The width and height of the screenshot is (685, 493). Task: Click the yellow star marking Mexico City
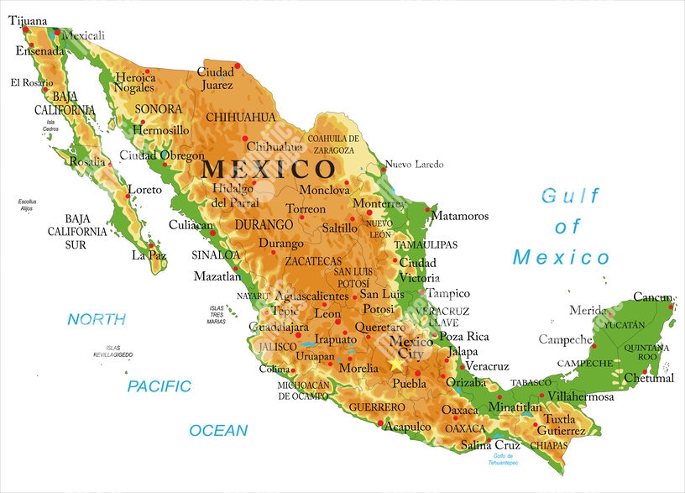point(396,365)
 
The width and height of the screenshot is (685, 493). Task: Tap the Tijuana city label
point(28,21)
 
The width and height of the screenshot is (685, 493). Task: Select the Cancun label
point(652,297)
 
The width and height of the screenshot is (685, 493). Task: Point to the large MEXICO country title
point(268,169)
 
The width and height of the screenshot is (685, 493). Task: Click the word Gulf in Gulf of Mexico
point(571,197)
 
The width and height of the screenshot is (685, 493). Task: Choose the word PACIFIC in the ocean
point(159,386)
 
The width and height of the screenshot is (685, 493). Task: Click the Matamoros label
point(459,216)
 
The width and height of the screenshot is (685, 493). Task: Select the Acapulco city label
point(407,427)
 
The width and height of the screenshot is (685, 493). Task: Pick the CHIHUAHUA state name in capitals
point(240,117)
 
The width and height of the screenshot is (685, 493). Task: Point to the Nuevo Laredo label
point(414,165)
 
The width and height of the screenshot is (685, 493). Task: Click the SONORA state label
point(159,109)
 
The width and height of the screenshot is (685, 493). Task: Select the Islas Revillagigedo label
point(112,352)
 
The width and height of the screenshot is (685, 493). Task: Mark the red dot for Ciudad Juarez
point(238,65)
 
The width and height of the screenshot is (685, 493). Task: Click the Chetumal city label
point(649,378)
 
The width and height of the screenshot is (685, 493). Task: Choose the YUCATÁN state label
point(624,324)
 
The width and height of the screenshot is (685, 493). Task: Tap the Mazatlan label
point(217,275)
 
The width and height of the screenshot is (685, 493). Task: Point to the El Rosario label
point(31,82)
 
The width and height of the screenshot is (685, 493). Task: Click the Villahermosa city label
point(580,396)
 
